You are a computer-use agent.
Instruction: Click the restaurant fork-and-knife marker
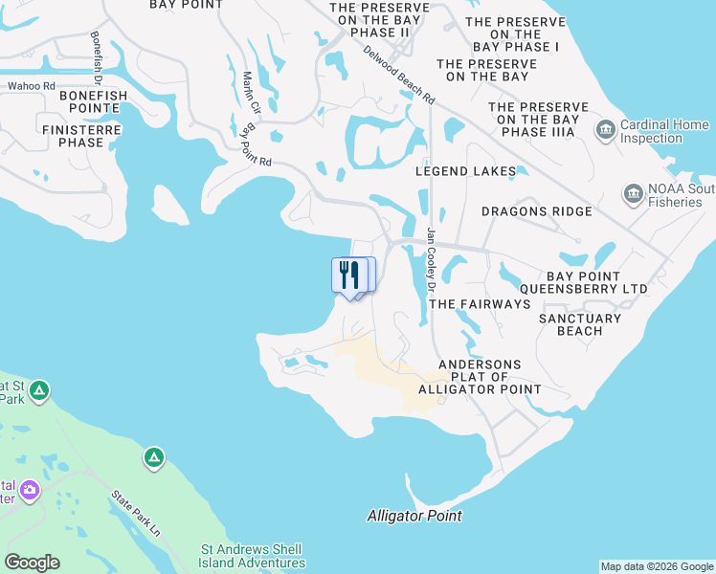tap(348, 275)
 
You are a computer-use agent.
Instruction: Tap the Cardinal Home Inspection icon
tap(605, 128)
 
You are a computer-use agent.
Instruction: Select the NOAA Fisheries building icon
tap(633, 195)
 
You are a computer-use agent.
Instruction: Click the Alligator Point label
tap(414, 516)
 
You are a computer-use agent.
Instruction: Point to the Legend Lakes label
tap(465, 171)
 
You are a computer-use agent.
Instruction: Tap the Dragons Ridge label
tap(536, 211)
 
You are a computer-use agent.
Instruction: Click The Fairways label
tap(479, 303)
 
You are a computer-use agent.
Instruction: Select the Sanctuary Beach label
tap(580, 324)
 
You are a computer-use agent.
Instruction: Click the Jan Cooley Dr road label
tap(432, 258)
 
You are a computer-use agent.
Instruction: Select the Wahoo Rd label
tap(32, 86)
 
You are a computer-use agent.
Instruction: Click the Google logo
tap(32, 563)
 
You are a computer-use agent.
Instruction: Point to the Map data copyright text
tap(656, 566)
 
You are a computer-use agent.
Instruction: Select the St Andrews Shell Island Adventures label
tap(251, 556)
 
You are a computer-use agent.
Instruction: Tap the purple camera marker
tap(30, 491)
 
